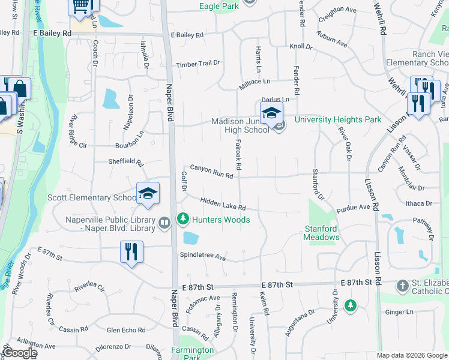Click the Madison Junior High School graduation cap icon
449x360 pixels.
271,112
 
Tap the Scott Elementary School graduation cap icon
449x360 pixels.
148,193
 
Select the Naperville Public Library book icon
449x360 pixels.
164,223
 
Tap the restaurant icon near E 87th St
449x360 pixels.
131,251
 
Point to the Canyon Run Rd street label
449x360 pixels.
211,172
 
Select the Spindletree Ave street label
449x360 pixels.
202,256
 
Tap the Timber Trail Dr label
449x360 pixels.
198,64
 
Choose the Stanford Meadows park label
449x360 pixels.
322,233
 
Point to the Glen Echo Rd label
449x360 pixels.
126,330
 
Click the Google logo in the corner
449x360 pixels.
19,353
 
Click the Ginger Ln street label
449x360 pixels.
399,312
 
